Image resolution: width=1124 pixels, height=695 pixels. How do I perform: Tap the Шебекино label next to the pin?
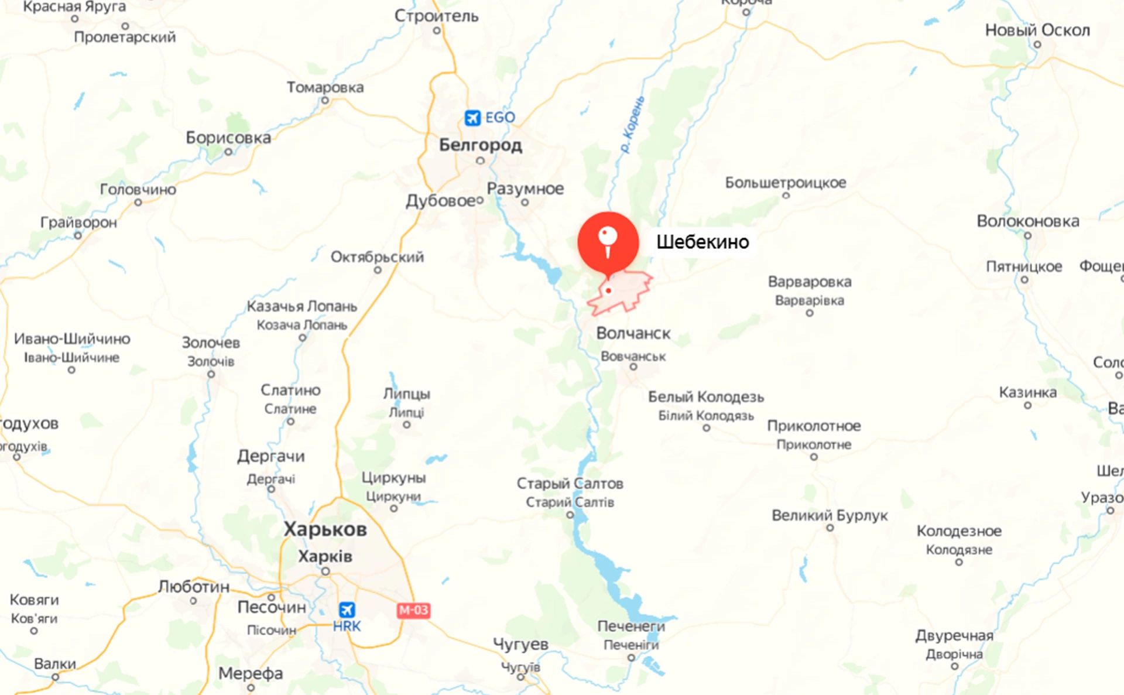[702, 242]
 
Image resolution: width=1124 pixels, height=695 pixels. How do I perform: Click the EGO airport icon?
[472, 118]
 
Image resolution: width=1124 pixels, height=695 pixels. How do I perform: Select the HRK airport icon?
[347, 610]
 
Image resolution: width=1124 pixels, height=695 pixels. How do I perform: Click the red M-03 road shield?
[413, 610]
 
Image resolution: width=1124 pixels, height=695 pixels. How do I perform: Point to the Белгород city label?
[480, 145]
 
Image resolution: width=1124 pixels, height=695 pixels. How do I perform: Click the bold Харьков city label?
[325, 529]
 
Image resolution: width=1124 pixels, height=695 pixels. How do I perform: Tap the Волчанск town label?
[633, 333]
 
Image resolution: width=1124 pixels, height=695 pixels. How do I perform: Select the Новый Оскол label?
[1037, 30]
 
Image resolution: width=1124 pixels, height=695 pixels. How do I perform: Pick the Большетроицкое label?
[785, 183]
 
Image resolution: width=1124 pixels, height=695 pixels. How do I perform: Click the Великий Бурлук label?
[829, 515]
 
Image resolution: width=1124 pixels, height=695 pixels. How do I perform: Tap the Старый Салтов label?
[569, 484]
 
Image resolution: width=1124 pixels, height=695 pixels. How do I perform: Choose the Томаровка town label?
[325, 87]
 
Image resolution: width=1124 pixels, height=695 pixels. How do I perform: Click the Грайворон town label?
[78, 222]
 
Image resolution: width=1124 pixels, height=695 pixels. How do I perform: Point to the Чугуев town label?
[520, 644]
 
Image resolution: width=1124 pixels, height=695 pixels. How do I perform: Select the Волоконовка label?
[1027, 221]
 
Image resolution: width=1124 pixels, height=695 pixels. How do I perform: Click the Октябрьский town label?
[377, 257]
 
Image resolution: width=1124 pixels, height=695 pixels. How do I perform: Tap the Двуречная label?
[954, 635]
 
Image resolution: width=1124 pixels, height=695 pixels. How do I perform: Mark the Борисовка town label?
[228, 138]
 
